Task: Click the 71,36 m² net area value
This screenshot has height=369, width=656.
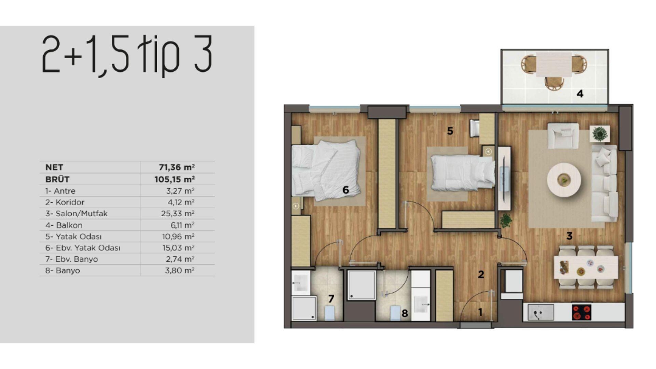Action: pos(177,167)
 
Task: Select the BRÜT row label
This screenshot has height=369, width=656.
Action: pos(57,179)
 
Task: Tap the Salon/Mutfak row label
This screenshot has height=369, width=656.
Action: pos(77,214)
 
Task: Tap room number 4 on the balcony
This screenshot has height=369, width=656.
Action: pos(580,94)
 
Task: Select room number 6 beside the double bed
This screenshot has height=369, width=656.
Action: pos(345,190)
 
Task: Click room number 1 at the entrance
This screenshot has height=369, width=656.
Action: pos(480,312)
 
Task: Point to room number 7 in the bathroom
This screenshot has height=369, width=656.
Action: pos(331,299)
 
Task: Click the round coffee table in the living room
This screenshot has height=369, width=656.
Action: pos(564,180)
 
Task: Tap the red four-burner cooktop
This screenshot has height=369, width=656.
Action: pos(582,312)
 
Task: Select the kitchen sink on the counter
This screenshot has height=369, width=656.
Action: pos(541,312)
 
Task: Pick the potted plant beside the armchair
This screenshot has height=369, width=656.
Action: pos(600,134)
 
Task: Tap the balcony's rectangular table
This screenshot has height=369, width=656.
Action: pos(554,65)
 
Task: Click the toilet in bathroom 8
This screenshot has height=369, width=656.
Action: pos(395,313)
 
